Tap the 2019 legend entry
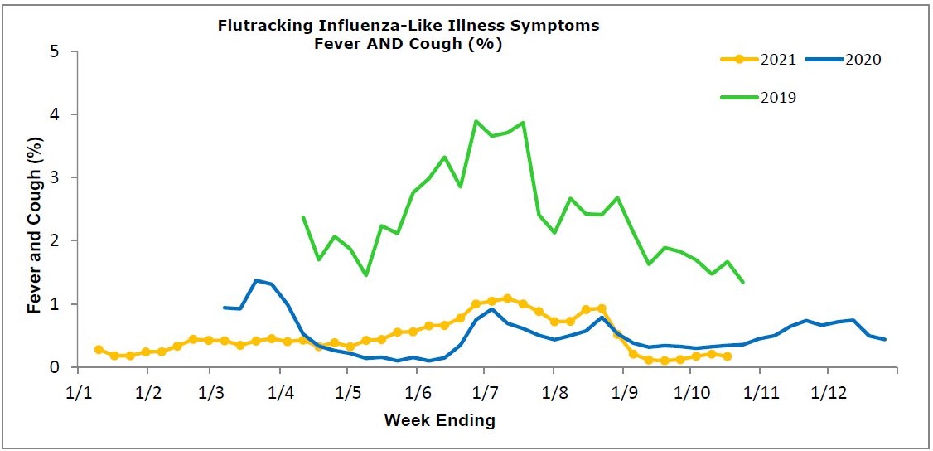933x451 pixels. point(778,97)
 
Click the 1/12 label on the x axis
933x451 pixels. point(829,390)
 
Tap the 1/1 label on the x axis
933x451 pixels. point(77,390)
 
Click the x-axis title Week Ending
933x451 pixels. point(439,420)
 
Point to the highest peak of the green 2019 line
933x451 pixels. point(476,121)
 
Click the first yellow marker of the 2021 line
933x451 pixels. point(99,350)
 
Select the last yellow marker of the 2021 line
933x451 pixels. point(727,356)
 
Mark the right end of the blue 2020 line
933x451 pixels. point(886,339)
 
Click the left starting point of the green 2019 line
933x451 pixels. point(303,216)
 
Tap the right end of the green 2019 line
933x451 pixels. point(743,283)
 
